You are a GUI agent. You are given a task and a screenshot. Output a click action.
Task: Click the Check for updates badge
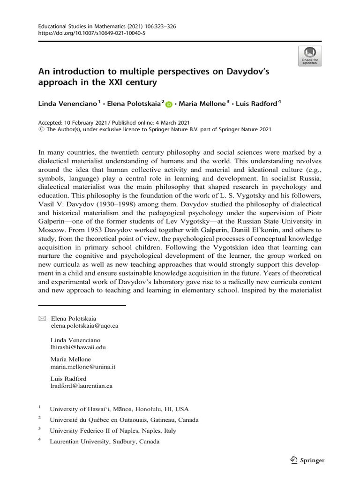[310, 56]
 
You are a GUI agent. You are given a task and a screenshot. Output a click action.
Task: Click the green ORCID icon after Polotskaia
[169, 104]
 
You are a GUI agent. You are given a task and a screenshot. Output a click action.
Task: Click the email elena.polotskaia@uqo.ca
[84, 325]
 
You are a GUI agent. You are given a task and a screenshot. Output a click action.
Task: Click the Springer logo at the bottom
[308, 460]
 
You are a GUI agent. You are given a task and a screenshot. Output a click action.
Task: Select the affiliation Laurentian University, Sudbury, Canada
[105, 442]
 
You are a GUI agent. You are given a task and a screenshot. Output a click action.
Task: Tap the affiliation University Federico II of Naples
[113, 430]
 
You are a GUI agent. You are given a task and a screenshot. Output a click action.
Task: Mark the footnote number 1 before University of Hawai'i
[39, 408]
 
